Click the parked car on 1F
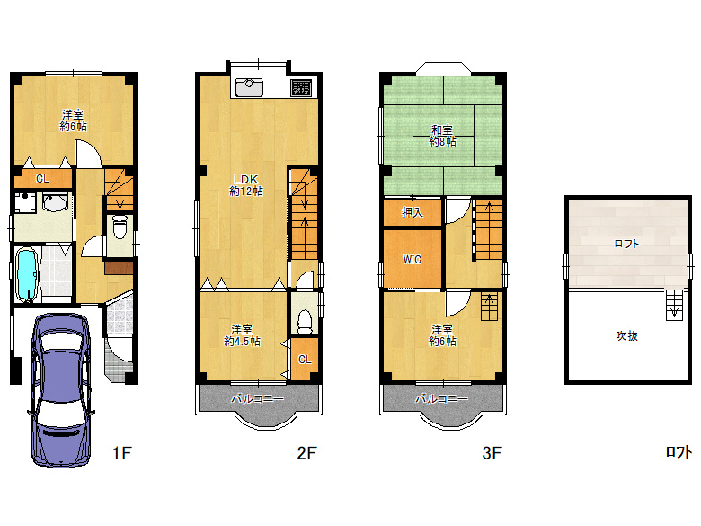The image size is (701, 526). pyautogui.click(x=61, y=390)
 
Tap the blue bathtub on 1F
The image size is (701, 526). pyautogui.click(x=27, y=274)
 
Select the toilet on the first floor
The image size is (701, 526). pyautogui.click(x=120, y=227)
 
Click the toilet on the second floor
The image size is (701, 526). pyautogui.click(x=305, y=321)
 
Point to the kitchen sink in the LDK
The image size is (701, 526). pyautogui.click(x=249, y=87)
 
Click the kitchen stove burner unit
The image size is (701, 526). pyautogui.click(x=301, y=88)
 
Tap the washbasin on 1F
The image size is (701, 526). pyautogui.click(x=55, y=201)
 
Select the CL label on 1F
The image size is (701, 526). pyautogui.click(x=42, y=179)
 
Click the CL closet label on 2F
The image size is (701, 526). pyautogui.click(x=305, y=359)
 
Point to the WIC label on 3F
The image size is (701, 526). pyautogui.click(x=412, y=260)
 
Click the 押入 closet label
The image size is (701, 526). pyautogui.click(x=413, y=212)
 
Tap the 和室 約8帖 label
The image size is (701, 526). pyautogui.click(x=442, y=136)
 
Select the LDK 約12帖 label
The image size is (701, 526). pyautogui.click(x=246, y=185)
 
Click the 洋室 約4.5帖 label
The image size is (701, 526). pyautogui.click(x=242, y=335)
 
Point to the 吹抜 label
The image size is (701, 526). pyautogui.click(x=626, y=335)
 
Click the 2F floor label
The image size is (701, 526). pyautogui.click(x=306, y=453)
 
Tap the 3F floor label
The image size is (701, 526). pyautogui.click(x=492, y=453)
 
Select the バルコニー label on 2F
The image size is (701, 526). pyautogui.click(x=258, y=398)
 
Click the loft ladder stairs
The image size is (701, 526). pyautogui.click(x=675, y=305)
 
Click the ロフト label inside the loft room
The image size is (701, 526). pyautogui.click(x=626, y=244)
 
